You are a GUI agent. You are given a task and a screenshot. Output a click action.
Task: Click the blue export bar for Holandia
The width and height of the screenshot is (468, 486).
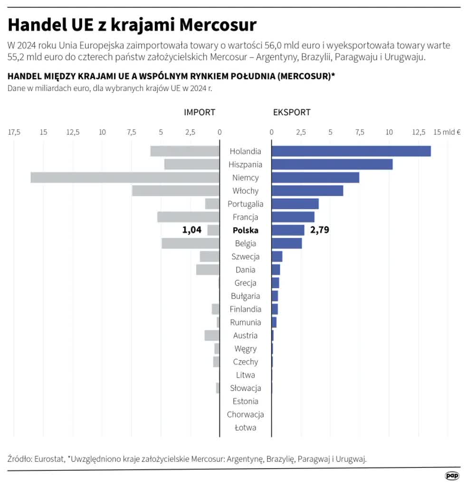coord(351,151)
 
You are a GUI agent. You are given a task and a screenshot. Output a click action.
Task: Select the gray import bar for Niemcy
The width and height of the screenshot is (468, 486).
coord(124,178)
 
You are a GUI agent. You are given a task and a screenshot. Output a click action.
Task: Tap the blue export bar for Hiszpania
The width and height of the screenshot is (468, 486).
coord(332,165)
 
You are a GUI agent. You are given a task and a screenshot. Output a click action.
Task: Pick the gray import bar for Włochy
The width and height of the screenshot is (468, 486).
coord(175,191)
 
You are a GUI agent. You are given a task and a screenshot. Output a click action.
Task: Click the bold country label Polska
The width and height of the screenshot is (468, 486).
coord(245,230)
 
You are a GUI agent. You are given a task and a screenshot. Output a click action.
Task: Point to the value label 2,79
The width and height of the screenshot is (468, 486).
coord(319,230)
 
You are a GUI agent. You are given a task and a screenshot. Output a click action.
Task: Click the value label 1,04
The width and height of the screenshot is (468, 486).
coord(192,230)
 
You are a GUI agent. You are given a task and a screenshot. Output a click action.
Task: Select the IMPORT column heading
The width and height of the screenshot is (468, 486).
coord(200,112)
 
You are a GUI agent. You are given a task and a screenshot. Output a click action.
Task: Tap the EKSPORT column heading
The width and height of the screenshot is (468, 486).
coord(292,112)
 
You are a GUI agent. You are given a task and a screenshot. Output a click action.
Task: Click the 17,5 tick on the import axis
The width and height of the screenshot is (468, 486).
coord(14,132)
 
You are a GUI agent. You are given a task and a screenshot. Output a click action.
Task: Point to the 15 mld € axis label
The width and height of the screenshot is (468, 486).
coord(447,132)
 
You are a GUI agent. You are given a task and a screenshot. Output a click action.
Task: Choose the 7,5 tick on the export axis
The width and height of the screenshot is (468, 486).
coord(360,132)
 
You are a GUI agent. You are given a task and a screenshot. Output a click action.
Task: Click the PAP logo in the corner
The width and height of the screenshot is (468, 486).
coord(452,476)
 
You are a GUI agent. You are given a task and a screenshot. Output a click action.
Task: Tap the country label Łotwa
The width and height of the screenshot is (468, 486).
coord(245,428)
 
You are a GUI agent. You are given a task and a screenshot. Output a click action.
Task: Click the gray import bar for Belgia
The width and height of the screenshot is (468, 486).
coord(190,243)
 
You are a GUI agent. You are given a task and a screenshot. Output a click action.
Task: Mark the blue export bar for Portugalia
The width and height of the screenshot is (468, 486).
coord(295,204)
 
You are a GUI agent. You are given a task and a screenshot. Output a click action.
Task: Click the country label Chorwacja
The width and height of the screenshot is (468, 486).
coord(245,414)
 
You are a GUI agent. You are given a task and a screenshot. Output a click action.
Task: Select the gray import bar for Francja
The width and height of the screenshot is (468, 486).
coord(188,217)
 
